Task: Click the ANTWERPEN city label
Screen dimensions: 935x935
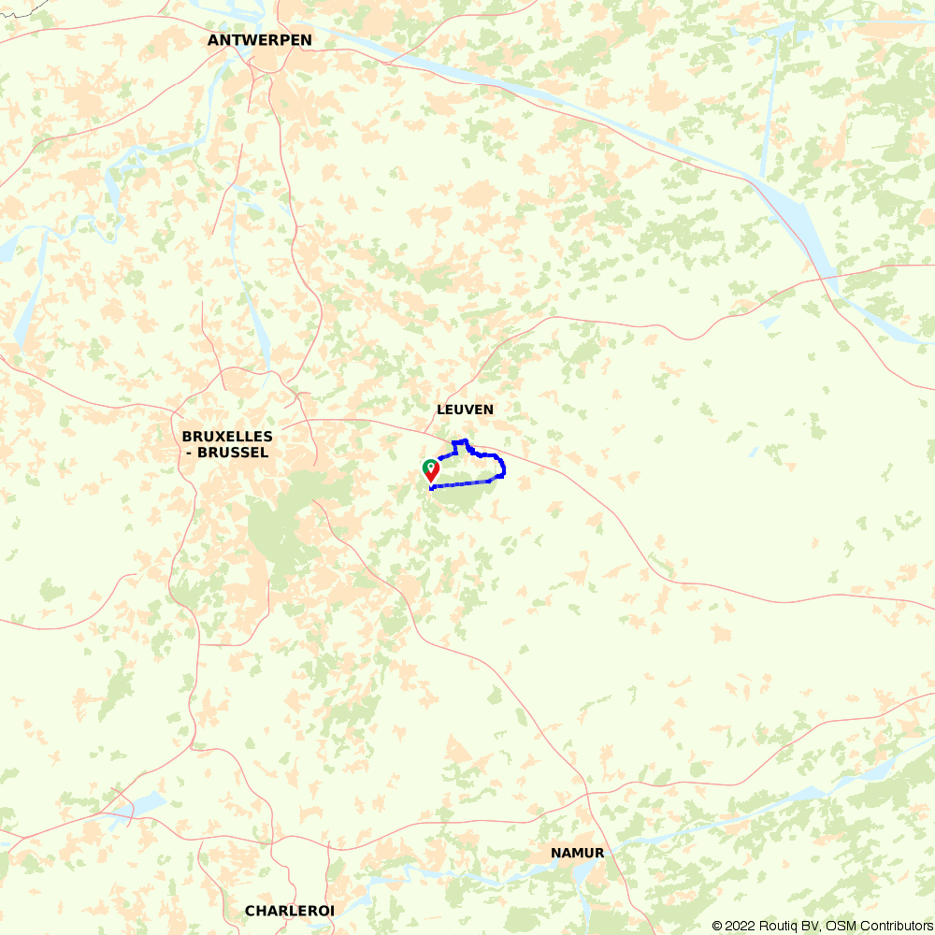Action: [x=260, y=40]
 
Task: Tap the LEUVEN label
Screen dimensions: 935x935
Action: [x=465, y=410]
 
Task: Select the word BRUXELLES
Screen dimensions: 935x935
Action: [x=227, y=437]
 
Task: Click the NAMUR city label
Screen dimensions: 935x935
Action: [x=577, y=853]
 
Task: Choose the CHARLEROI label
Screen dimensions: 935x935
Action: [x=290, y=911]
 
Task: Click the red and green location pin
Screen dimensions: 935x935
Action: [x=431, y=470]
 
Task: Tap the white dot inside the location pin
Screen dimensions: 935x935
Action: [x=431, y=465]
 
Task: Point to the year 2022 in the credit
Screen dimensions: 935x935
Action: [x=740, y=926]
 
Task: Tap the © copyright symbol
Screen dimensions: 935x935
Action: [x=717, y=926]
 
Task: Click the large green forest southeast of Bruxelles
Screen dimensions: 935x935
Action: [x=280, y=533]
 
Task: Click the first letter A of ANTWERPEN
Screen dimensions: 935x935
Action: [x=213, y=40]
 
